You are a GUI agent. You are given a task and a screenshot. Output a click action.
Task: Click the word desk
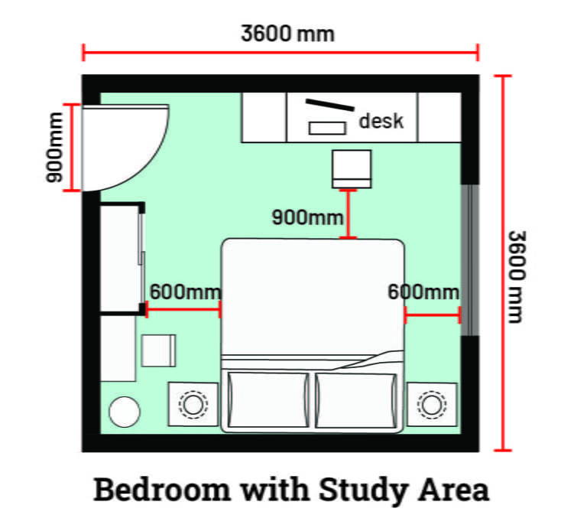381,121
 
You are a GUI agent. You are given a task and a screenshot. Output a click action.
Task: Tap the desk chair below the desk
352,168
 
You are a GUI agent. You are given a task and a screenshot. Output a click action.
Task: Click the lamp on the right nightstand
432,403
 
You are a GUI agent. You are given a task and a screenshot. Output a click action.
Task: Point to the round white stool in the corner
124,412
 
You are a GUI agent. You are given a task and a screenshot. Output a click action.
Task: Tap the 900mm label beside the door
55,148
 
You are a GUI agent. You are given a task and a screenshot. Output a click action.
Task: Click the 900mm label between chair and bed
308,217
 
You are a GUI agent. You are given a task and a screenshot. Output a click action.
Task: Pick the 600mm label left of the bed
185,292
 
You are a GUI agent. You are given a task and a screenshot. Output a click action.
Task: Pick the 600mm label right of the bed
423,292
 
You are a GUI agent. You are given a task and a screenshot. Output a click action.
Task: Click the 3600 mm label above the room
287,34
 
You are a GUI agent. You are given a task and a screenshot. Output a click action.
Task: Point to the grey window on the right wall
472,259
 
